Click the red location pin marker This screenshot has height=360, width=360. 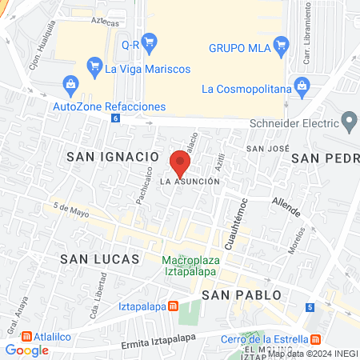click(180, 165)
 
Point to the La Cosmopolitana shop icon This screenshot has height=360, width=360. click(302, 84)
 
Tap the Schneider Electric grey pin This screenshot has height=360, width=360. click(349, 122)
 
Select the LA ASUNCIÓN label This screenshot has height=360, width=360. click(190, 182)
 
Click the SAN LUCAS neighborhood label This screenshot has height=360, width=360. click(100, 259)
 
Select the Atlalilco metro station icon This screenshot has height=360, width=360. click(28, 337)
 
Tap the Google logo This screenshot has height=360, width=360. click(27, 350)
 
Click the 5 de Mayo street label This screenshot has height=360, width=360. click(70, 212)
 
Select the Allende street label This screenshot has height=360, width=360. click(286, 207)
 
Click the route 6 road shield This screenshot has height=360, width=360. click(117, 118)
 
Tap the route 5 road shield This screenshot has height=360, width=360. click(310, 306)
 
